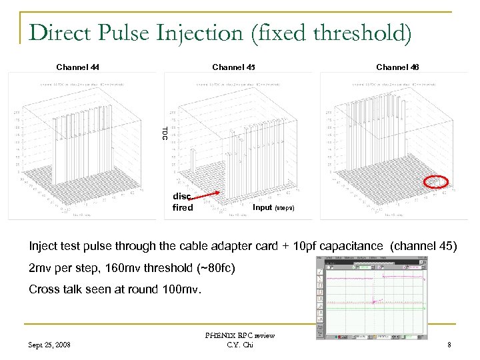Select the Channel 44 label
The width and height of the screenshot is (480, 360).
(78, 67)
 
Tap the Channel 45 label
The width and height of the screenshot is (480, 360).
(233, 67)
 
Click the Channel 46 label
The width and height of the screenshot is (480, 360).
(397, 67)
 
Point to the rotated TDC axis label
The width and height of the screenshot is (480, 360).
(164, 133)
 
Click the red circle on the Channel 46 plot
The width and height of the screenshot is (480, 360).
(437, 182)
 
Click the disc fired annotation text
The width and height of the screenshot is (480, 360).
(182, 202)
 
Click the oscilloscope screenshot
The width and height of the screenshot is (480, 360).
(371, 298)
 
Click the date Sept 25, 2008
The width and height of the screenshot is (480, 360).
(51, 345)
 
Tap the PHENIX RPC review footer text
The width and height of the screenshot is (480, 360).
(239, 335)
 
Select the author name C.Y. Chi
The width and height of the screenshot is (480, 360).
(239, 345)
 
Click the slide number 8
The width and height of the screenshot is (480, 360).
(449, 345)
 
